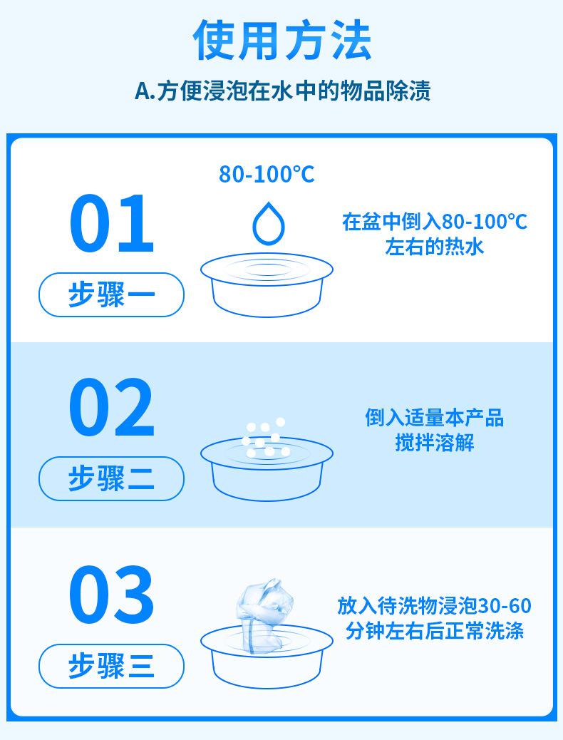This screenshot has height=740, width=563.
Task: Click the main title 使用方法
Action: [x=282, y=41]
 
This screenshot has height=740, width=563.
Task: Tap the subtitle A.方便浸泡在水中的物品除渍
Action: [x=282, y=92]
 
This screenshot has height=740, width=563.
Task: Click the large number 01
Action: [x=111, y=225]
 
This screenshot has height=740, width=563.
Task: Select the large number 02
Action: [x=111, y=408]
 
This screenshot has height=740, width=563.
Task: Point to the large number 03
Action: [x=111, y=594]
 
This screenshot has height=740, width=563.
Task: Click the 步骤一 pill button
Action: [x=111, y=294]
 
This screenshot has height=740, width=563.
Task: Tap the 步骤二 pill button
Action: [x=111, y=478]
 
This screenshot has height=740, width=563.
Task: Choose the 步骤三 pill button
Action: [x=111, y=666]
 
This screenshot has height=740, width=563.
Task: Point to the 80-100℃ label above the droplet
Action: [x=267, y=175]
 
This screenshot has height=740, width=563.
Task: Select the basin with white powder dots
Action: [x=267, y=471]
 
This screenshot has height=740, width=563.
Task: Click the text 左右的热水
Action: [x=434, y=247]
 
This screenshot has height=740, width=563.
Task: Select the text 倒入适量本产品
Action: [x=434, y=418]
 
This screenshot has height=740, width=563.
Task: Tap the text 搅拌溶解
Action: [x=434, y=443]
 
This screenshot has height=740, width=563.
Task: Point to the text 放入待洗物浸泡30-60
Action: [x=434, y=606]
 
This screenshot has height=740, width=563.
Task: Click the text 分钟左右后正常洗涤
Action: [x=434, y=631]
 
